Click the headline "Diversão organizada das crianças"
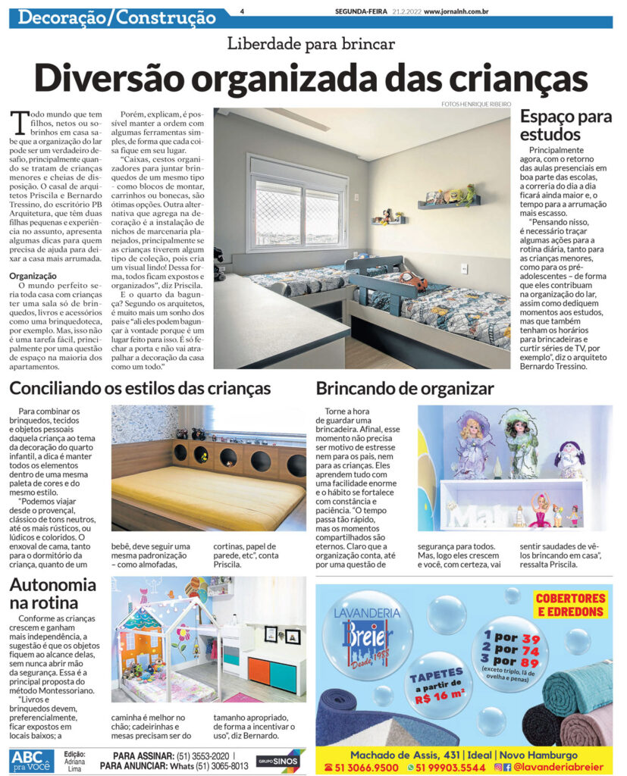pyautogui.click(x=312, y=77)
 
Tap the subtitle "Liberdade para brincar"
pyautogui.click(x=311, y=43)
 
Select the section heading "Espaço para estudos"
pyautogui.click(x=566, y=126)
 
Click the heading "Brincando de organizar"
pyautogui.click(x=405, y=390)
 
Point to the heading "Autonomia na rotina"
pyautogui.click(x=52, y=593)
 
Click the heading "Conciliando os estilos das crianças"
pyautogui.click(x=140, y=390)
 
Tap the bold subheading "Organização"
pyautogui.click(x=33, y=276)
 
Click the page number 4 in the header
pyautogui.click(x=241, y=11)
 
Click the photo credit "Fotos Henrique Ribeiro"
pyautogui.click(x=475, y=104)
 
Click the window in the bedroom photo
pyautogui.click(x=297, y=203)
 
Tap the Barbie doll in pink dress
pyautogui.click(x=541, y=510)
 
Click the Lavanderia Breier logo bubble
pyautogui.click(x=368, y=634)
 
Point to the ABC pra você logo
pyautogui.click(x=32, y=760)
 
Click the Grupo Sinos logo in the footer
pyautogui.click(x=280, y=760)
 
